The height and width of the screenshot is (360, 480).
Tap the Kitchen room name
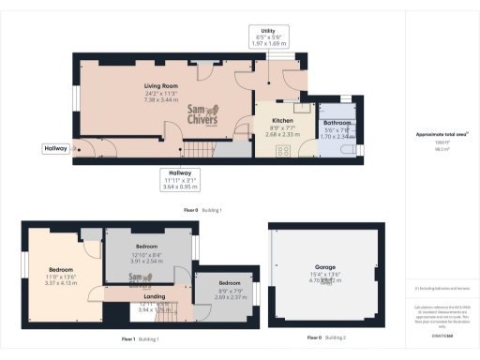[x=282, y=121]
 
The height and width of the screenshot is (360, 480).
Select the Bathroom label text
[x=337, y=123]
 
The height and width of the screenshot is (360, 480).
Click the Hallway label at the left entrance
[x=54, y=148]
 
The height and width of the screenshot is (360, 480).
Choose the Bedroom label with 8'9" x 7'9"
[x=229, y=282]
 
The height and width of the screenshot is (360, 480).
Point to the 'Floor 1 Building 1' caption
[x=141, y=338]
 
